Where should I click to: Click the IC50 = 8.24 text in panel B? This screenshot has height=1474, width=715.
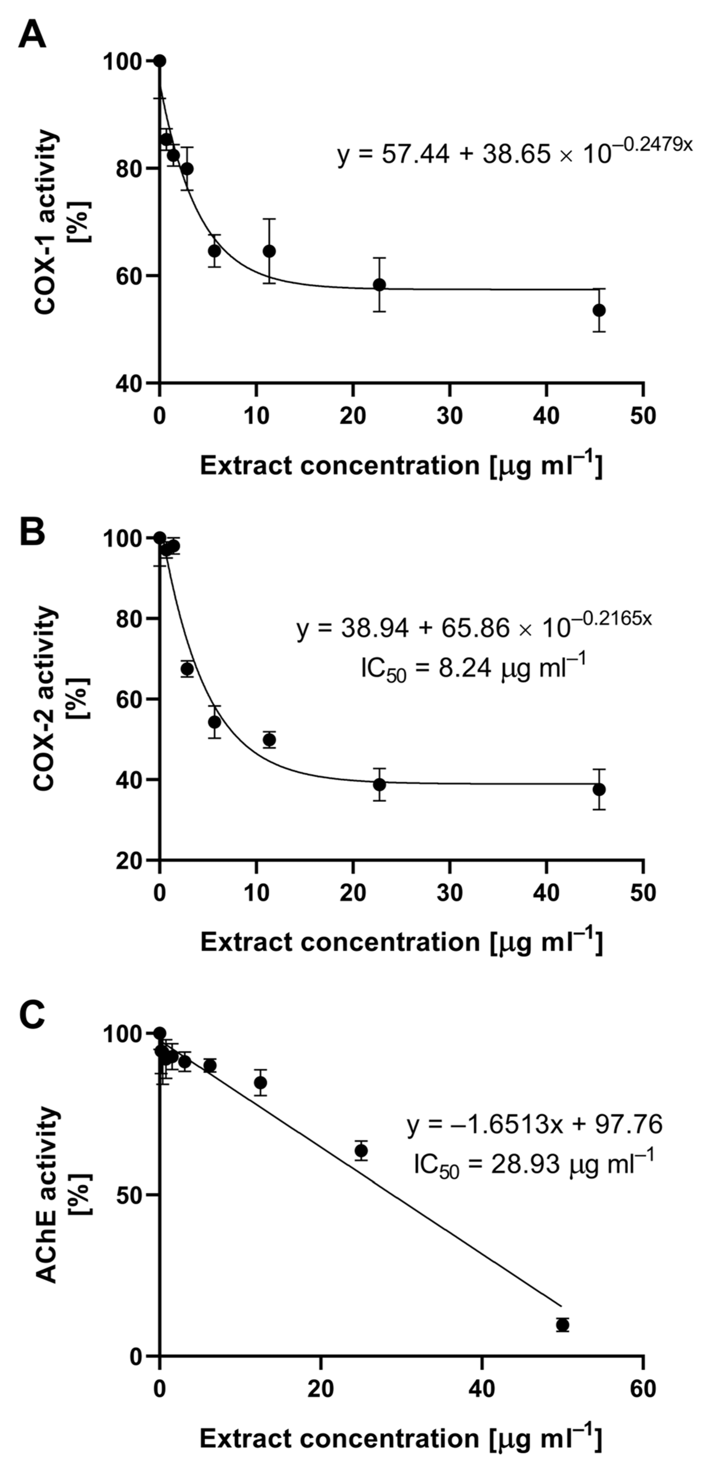[x=473, y=668]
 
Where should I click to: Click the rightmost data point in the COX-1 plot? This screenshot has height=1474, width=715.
[x=599, y=310]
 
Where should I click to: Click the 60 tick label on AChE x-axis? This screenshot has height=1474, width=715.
[x=643, y=1389]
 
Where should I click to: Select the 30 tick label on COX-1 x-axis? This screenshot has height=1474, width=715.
[x=450, y=416]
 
